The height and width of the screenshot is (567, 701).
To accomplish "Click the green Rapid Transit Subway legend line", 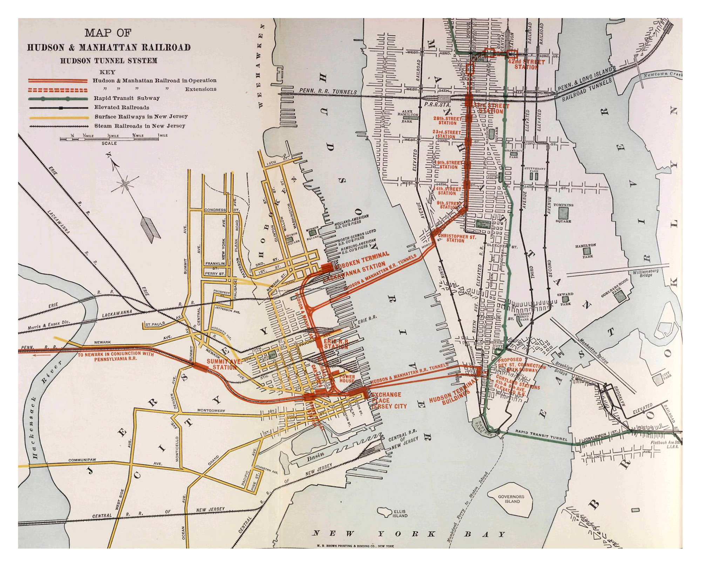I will pyautogui.click(x=58, y=98).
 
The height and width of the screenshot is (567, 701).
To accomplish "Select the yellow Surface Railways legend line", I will pyautogui.click(x=58, y=117).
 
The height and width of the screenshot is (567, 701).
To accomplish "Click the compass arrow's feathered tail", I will pyautogui.click(x=150, y=230).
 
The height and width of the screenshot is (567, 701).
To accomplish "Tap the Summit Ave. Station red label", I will pyautogui.click(x=224, y=364).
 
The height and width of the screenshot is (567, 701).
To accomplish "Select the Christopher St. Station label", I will pyautogui.click(x=457, y=238).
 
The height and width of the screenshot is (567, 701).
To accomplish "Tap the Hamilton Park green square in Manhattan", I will pyautogui.click(x=586, y=251).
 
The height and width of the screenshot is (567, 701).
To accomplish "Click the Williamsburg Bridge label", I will pyautogui.click(x=646, y=273).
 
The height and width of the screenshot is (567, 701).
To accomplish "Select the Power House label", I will pyautogui.click(x=347, y=378).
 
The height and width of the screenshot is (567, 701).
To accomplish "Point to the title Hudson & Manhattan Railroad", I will pyautogui.click(x=109, y=47).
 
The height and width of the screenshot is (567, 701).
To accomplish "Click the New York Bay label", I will pyautogui.click(x=408, y=534).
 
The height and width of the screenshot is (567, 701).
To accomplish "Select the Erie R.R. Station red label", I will pyautogui.click(x=335, y=344).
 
